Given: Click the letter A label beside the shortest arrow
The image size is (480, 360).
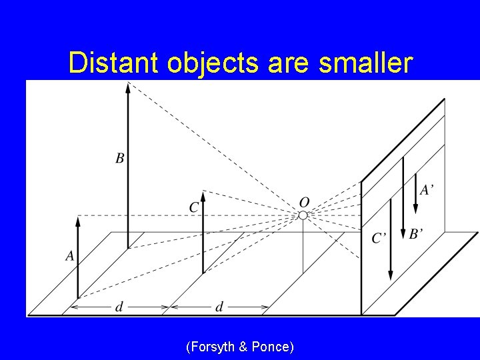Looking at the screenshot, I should [69, 255].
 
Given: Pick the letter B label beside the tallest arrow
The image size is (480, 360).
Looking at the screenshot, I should [120, 158].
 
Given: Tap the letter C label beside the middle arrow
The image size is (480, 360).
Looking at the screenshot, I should [193, 207].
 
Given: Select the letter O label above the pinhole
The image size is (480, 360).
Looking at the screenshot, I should [304, 201].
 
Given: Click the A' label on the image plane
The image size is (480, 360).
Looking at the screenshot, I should [427, 190].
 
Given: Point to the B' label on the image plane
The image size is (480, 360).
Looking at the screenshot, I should [417, 233].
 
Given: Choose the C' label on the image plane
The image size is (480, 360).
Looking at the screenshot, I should [379, 238].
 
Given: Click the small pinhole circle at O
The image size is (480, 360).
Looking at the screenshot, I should [303, 215].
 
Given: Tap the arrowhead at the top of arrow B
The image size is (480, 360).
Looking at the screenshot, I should [128, 86].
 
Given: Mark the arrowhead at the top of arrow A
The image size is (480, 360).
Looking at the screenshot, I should [78, 221].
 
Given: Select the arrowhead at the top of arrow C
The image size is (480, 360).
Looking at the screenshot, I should [203, 195].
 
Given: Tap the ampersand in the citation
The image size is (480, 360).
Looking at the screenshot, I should [243, 347].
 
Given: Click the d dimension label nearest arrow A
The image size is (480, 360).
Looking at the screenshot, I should [119, 307].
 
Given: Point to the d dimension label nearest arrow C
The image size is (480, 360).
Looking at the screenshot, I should [219, 307].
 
